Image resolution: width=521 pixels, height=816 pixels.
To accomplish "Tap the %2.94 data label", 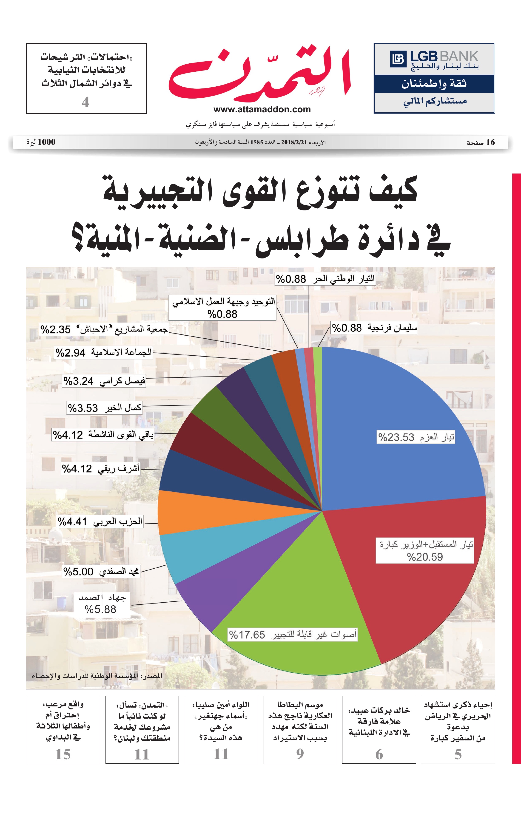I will [x=71, y=353].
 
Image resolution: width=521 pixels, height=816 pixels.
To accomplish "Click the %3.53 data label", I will [x=83, y=408].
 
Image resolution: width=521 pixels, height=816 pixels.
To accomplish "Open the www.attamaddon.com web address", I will [x=262, y=109].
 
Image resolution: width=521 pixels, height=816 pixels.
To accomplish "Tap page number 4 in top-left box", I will [x=85, y=102].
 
